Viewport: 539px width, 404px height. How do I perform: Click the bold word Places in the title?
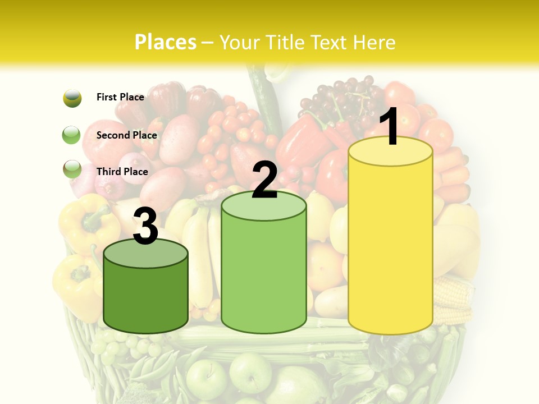pyautogui.click(x=166, y=42)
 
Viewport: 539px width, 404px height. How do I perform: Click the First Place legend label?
pyautogui.click(x=120, y=97)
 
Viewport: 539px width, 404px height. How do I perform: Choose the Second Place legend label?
pyautogui.click(x=126, y=135)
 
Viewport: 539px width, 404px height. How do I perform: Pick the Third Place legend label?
pyautogui.click(x=122, y=172)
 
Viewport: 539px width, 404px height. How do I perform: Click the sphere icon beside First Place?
pyautogui.click(x=72, y=98)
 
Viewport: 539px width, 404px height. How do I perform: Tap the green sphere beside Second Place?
pyautogui.click(x=72, y=135)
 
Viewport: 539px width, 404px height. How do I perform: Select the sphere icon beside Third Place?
pyautogui.click(x=72, y=170)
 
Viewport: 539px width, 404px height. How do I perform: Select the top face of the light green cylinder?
pyautogui.click(x=264, y=206)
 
